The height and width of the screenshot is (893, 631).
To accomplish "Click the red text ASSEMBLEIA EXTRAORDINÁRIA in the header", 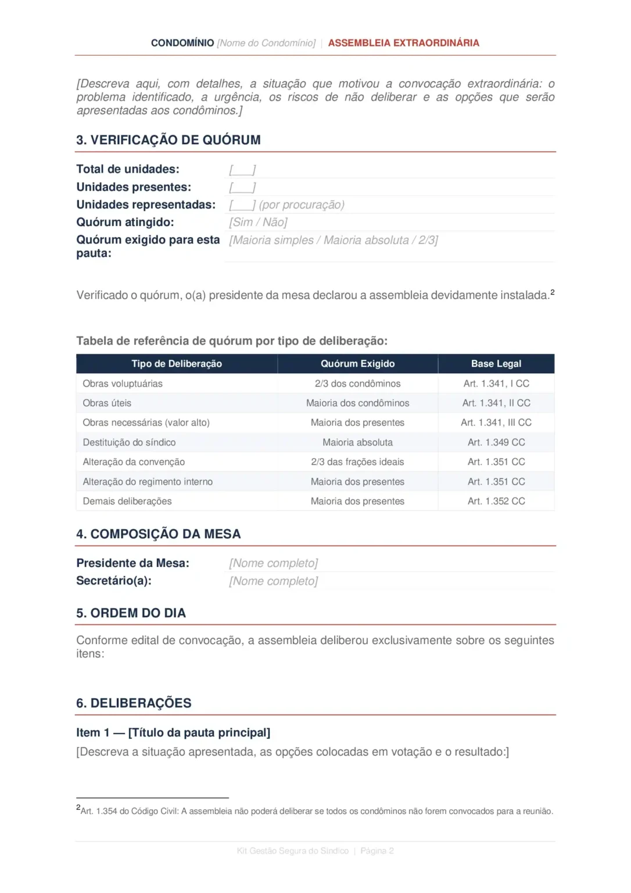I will coord(403,43).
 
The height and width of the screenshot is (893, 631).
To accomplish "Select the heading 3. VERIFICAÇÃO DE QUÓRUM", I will coord(168,140).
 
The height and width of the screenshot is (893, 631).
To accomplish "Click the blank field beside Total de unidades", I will coord(242,170).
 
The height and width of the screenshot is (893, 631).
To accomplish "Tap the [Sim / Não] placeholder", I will coord(258,222).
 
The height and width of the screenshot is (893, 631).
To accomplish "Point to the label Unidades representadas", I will coord(146,205).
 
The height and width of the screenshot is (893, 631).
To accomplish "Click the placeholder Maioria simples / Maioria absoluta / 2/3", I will coord(334,240).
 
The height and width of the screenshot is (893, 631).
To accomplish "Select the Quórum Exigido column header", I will coord(357,364).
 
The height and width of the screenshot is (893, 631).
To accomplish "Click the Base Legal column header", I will coord(496,364).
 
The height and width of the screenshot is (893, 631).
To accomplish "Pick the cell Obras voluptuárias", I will coord(123,384).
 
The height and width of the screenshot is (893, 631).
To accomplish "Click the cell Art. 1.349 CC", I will coord(496,442).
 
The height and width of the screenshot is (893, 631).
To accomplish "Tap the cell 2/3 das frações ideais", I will coord(357,462).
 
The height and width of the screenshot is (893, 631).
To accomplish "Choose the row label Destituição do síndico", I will coord(129,442).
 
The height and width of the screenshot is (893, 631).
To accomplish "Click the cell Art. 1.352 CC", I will coord(496,501).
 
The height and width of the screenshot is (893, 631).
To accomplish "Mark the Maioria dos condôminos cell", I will coord(357,403).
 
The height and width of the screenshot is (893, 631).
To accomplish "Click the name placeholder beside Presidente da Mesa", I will coord(273,563).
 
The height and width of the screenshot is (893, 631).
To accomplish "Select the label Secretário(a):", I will coord(114,581).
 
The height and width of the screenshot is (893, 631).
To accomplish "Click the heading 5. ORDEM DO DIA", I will coord(131,613).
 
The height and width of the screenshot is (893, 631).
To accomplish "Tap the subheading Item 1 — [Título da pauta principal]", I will coord(173,733).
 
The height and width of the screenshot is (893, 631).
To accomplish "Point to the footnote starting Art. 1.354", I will coord(316,811).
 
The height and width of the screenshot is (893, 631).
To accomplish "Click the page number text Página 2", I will coord(377,851).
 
